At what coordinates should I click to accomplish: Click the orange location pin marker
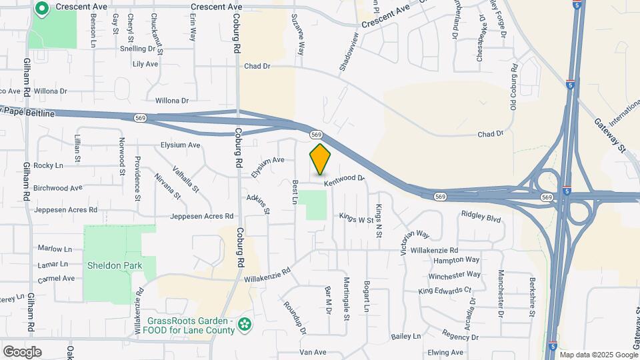coord(320,159)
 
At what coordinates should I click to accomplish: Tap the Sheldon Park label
coord(115,265)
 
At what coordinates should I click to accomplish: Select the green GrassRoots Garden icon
coord(246,325)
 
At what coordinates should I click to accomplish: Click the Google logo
coord(22,351)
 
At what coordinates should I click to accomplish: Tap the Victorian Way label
coord(414,243)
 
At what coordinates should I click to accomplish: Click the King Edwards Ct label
coord(445,291)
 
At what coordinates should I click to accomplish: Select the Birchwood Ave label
coord(57,188)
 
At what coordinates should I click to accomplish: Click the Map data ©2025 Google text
coord(598,354)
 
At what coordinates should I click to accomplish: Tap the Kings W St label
coord(357,218)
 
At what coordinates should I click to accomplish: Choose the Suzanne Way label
coord(302,39)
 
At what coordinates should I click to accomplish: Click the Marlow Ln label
coord(55,249)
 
